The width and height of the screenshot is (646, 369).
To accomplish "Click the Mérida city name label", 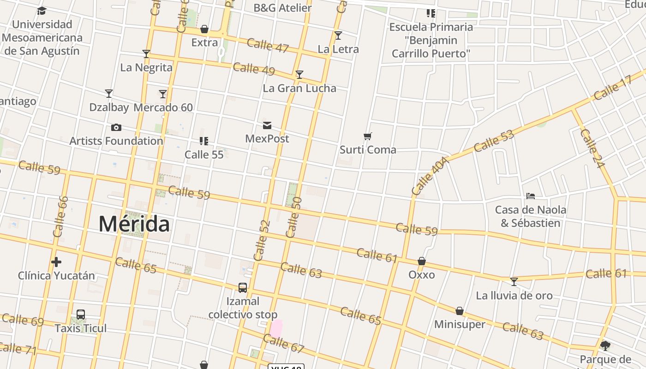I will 134,224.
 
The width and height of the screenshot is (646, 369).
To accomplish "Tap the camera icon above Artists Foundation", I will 116,127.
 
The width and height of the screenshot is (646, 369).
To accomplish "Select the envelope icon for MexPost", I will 267,125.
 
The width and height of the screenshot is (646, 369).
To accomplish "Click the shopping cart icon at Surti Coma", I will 368,136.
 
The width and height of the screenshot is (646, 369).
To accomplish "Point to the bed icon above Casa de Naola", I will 531,196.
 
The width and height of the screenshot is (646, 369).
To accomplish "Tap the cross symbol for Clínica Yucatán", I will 56,262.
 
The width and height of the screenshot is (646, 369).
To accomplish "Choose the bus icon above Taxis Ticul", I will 81,315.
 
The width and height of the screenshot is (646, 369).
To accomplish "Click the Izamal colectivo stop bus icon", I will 243,287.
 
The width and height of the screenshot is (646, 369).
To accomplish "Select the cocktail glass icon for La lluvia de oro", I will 514,281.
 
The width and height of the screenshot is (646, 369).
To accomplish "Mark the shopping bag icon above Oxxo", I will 422,261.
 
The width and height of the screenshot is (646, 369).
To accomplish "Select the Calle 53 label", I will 493,141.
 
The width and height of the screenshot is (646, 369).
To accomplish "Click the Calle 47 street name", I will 268,46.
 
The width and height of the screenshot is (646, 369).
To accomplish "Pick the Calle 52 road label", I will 262,240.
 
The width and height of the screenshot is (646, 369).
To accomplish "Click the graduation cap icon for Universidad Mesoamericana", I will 42,11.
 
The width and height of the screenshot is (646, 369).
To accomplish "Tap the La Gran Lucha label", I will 299,88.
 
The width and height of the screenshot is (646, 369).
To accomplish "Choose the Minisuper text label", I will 460,324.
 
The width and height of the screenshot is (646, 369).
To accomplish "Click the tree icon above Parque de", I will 605,345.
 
